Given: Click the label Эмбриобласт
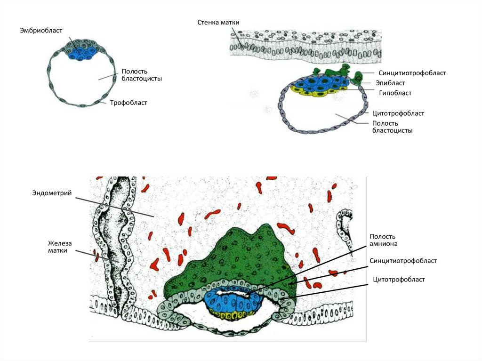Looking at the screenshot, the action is (41, 31).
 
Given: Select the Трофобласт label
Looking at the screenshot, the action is (129, 103).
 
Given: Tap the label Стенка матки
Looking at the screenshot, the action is (218, 23).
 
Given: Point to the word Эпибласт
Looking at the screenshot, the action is (390, 83).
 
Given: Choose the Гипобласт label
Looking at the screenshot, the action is (395, 93).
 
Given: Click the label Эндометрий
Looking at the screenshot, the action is (52, 193).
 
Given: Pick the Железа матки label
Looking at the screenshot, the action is (60, 247).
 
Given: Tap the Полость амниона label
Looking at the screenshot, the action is (383, 240).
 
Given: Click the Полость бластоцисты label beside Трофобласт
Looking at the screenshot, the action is (142, 75).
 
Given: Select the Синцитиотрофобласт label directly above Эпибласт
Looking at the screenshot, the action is (412, 73).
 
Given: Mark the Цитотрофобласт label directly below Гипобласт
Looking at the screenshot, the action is (398, 113).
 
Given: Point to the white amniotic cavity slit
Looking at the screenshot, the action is (233, 293).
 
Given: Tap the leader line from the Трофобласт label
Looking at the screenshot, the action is (104, 102).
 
